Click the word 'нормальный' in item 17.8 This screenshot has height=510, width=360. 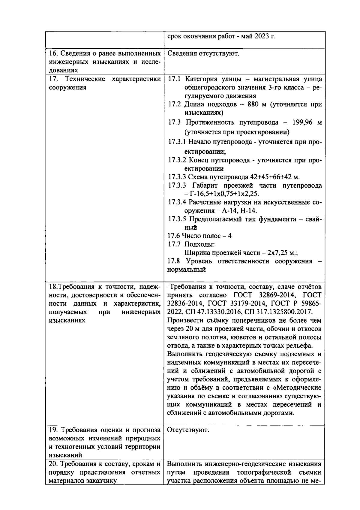coord(186,269)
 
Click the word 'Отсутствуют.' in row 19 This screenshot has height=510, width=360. coord(188,430)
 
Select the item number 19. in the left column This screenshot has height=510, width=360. coord(53,430)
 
